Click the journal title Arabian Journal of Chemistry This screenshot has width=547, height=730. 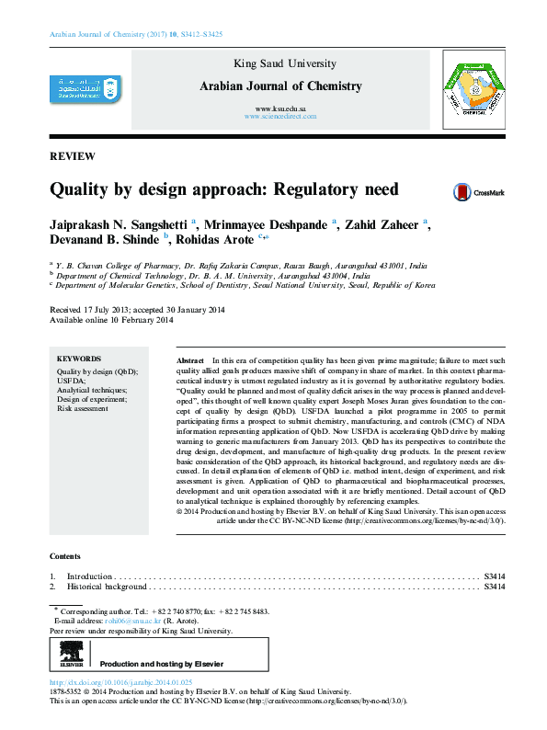tap(280, 86)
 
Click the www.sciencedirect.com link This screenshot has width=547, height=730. tap(280, 119)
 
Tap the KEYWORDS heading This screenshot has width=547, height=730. tap(79, 359)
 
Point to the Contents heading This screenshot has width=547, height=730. tap(64, 557)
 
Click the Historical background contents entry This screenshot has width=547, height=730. tap(107, 587)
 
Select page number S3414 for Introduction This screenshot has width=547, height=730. tap(494, 576)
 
